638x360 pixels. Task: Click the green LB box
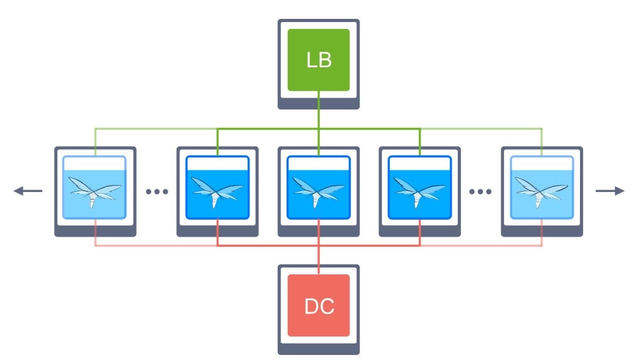coord(319,60)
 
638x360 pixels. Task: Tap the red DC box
coord(319,305)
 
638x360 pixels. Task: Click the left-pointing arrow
coord(28,191)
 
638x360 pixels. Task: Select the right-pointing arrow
coord(610,191)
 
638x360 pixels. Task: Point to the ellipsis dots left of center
coord(157,191)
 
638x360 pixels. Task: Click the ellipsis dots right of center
coord(480,191)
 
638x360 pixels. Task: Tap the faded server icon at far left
coord(95,191)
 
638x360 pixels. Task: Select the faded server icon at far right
coord(542,191)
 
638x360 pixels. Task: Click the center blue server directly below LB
coord(319,191)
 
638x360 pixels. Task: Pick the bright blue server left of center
coord(218,191)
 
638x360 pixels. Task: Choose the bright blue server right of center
coord(420,191)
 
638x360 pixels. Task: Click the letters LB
coord(319,60)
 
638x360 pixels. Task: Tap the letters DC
coord(319,307)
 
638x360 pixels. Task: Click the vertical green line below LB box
coord(319,123)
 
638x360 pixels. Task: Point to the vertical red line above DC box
coord(319,247)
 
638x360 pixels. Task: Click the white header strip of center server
coord(319,164)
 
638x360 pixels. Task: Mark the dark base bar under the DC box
coord(319,349)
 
